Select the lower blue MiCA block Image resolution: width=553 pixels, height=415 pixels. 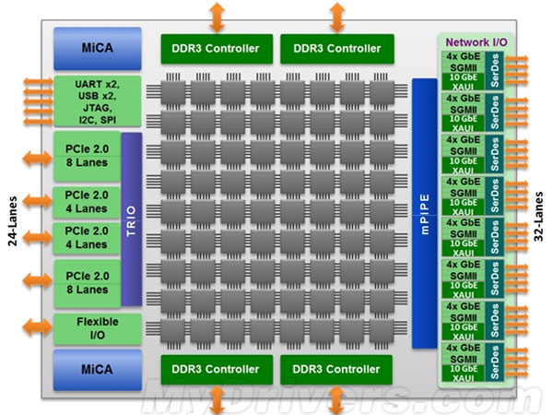tap(97, 368)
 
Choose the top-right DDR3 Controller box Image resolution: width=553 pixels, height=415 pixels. tap(337, 48)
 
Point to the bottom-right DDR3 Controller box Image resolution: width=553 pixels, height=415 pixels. tap(337, 369)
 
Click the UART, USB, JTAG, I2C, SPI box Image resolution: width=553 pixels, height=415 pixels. tap(97, 101)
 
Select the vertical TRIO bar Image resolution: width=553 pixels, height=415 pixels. tap(130, 219)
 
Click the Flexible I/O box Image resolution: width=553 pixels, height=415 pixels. tap(97, 327)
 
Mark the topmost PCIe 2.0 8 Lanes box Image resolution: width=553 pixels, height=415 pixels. tap(86, 155)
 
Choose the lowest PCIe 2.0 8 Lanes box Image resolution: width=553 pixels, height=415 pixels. tap(86, 281)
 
